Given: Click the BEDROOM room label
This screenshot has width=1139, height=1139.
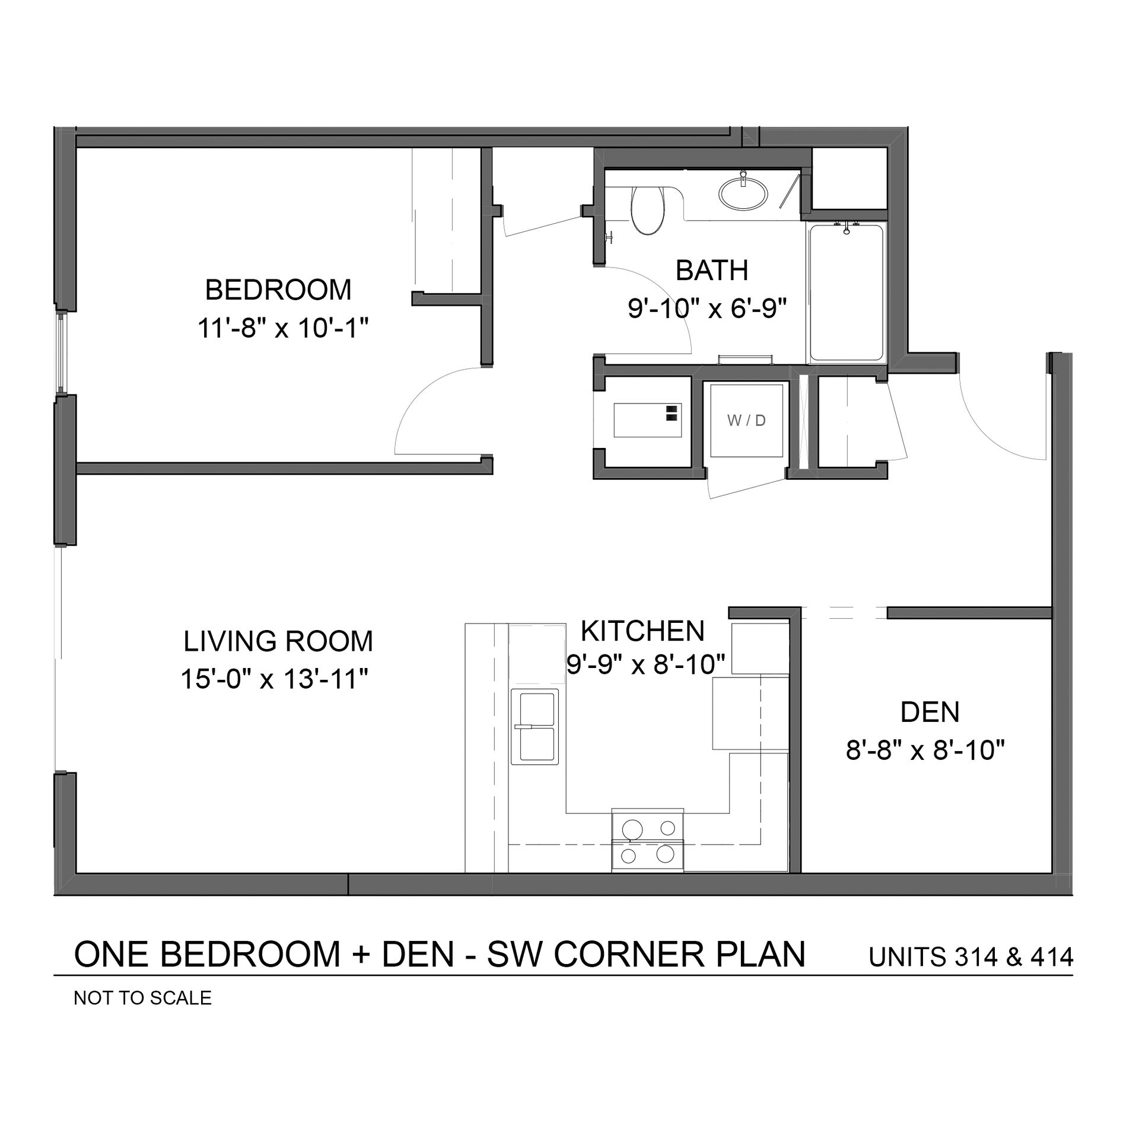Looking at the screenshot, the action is (278, 290).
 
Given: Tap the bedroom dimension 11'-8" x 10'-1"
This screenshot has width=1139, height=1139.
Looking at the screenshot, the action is (284, 328).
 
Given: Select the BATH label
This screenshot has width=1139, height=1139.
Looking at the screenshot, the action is (712, 271).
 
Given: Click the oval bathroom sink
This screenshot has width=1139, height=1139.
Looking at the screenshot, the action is (743, 190).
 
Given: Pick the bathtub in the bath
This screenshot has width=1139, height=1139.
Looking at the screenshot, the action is (845, 293).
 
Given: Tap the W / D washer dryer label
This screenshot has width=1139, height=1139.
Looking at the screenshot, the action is (746, 421).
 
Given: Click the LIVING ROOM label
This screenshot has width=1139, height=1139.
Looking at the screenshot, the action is (278, 641).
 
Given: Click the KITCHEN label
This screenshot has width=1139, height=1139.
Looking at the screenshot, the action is (642, 631).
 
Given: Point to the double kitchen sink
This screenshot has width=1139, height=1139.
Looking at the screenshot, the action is (534, 727).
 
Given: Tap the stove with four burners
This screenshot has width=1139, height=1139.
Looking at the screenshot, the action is (647, 841).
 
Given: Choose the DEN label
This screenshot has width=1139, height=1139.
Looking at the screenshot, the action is (930, 712).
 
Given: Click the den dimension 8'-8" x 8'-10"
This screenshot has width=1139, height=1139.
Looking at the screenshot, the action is (925, 750).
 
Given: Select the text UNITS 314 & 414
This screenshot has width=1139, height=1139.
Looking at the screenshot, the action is (971, 957).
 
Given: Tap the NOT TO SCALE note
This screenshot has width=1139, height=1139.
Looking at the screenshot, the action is (142, 998).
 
